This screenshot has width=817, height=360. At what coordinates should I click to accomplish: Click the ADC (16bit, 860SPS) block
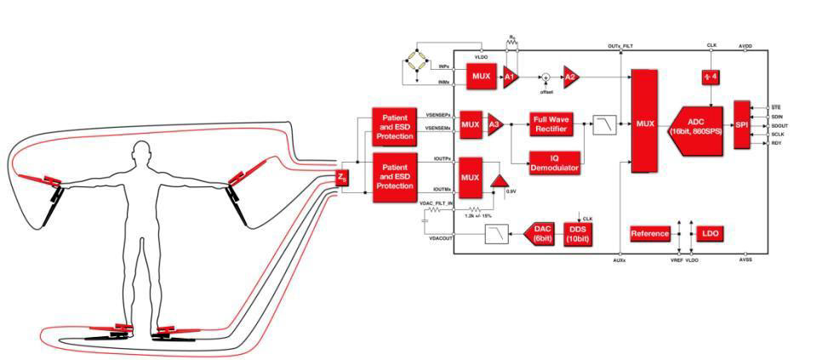tap(698, 124)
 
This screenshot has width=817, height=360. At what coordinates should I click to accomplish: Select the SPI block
tap(741, 124)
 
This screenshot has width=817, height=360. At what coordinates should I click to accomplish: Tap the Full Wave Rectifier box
tap(554, 124)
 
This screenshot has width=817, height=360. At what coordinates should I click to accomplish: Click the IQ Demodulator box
tap(554, 163)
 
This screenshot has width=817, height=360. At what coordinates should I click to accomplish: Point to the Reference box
tap(652, 232)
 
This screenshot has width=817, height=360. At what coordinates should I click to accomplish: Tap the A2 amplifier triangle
tap(571, 77)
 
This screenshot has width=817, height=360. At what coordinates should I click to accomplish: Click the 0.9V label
tap(511, 191)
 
